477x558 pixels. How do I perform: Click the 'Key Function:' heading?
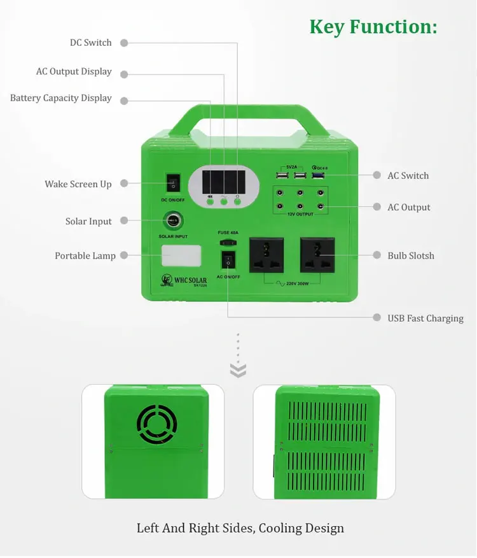[x=373, y=27]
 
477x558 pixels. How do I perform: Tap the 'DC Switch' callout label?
[x=90, y=43]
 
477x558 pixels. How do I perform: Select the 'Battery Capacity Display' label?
[x=60, y=98]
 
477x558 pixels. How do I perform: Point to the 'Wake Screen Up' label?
[x=78, y=184]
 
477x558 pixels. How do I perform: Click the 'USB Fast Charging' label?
[x=425, y=318]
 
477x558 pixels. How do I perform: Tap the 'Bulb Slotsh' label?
[x=411, y=255]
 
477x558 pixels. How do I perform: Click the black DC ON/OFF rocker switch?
[x=172, y=183]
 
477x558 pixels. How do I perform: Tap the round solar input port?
[x=172, y=221]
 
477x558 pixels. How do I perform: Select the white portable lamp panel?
[x=181, y=256]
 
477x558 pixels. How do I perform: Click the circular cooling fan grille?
[x=156, y=424]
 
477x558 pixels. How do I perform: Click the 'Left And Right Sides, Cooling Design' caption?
[x=240, y=528]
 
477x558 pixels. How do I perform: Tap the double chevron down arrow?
[x=238, y=371]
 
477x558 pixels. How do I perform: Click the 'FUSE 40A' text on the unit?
[x=228, y=233]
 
